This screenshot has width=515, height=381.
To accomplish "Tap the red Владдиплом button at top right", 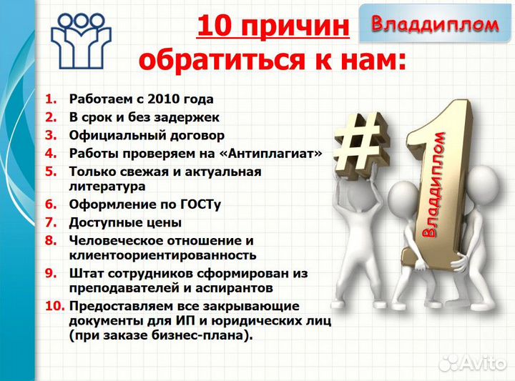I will pos(434,24).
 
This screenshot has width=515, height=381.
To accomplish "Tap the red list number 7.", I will pos(51,222).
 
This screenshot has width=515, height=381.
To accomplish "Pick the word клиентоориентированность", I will pos(162,254).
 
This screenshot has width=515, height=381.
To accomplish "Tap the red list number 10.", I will pos(54,305).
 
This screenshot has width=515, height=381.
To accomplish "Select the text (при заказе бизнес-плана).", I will pos(161,335).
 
